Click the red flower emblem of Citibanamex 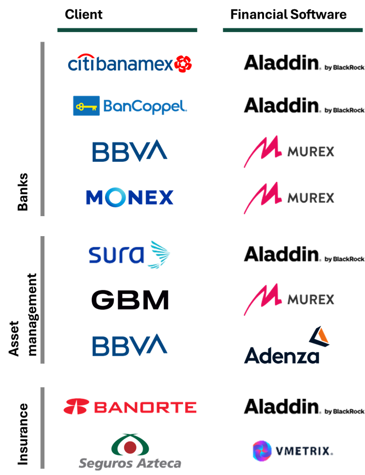[183, 64]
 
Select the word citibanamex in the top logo [120, 64]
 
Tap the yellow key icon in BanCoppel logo [87, 106]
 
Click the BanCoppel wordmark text [145, 107]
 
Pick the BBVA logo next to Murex [129, 151]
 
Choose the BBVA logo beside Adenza [129, 346]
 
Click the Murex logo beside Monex [289, 198]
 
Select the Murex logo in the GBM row [289, 299]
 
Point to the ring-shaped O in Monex [116, 198]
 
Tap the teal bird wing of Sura [158, 254]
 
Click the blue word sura [116, 255]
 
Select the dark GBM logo [130, 301]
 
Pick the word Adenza [282, 355]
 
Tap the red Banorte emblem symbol [76, 407]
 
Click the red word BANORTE [145, 407]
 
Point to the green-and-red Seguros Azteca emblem [130, 445]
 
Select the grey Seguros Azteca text [130, 463]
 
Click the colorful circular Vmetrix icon [262, 450]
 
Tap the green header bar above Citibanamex [127, 30]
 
